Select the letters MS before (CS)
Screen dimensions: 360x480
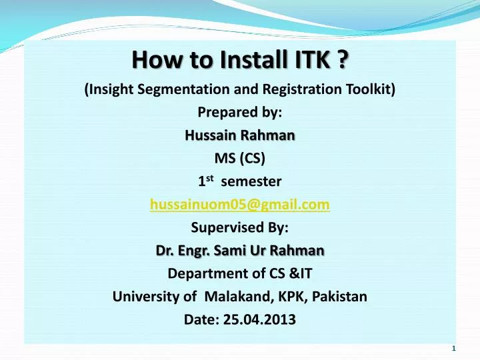225,158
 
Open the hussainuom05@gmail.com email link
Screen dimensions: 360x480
240,205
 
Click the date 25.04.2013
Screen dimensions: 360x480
260,319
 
